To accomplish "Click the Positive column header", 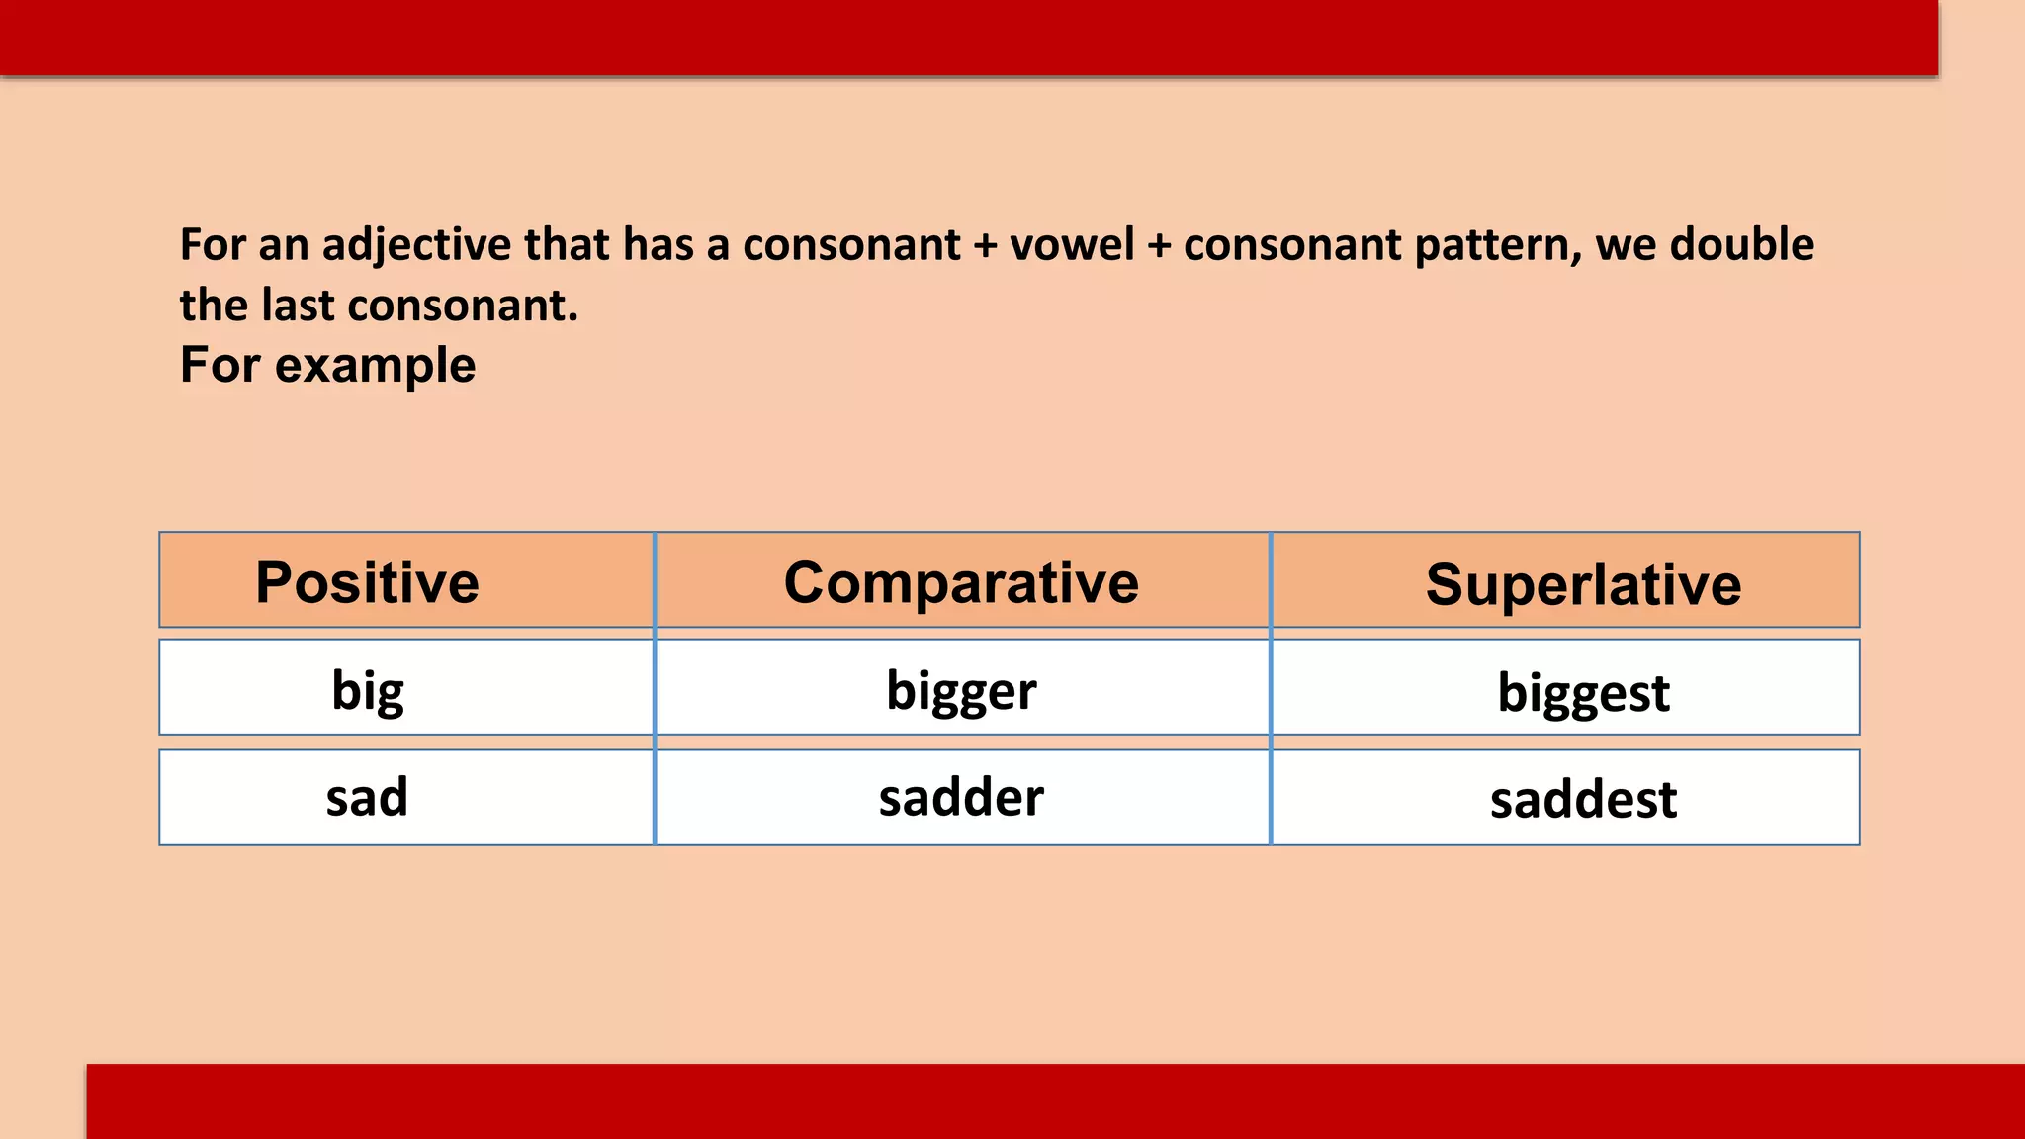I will [367, 581].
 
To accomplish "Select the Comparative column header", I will [961, 581].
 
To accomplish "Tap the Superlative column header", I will [1583, 583].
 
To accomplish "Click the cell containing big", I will [367, 690].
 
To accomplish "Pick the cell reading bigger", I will [961, 690].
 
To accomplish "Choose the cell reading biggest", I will [1583, 692].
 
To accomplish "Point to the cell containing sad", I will [367, 797].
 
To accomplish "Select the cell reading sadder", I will [961, 797].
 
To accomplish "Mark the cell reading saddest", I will [1583, 799].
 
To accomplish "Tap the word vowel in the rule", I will [1072, 245].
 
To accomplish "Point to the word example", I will [375, 366].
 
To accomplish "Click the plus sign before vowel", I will [985, 245].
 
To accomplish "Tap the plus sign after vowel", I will [1159, 245].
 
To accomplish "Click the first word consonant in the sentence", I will [851, 245].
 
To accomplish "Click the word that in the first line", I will [567, 245].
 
